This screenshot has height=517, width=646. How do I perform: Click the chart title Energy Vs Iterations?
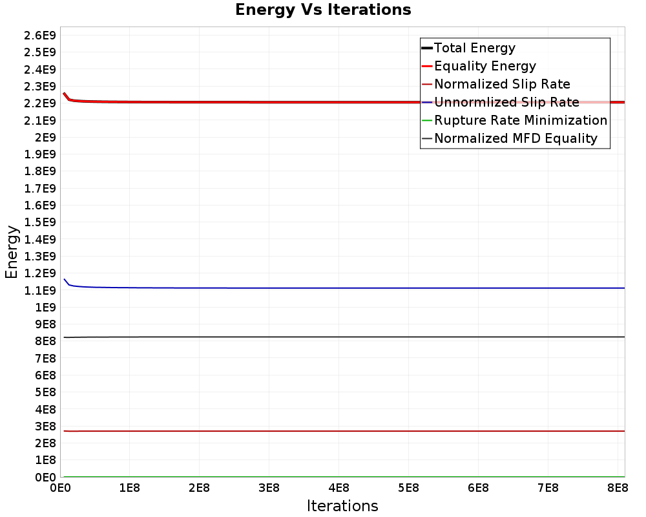[323, 10]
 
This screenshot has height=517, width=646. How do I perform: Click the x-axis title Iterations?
[342, 505]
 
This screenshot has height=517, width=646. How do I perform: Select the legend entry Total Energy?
[474, 48]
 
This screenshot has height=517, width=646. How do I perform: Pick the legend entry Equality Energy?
[484, 66]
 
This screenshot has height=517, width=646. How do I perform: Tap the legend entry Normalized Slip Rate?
[502, 84]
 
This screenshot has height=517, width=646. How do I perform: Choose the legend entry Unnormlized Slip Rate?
[506, 102]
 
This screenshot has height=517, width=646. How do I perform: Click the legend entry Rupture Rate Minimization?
[520, 120]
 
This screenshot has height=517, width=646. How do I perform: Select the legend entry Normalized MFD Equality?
[516, 138]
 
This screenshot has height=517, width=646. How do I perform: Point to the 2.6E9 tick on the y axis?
[40, 35]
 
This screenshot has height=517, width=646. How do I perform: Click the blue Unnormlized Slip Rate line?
[323, 288]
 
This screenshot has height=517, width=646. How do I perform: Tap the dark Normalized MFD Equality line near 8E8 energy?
[323, 337]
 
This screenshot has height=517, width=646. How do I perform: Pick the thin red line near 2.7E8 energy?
[323, 431]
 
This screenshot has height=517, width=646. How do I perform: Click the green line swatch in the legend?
[426, 120]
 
